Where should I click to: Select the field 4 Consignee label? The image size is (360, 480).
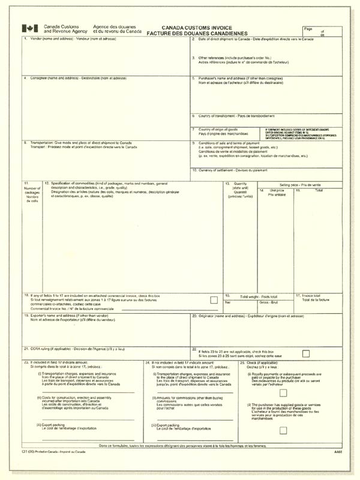pyautogui.click(x=74, y=78)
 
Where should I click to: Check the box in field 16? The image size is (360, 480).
pyautogui.click(x=214, y=300)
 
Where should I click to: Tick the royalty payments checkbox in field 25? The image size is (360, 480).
pyautogui.click(x=283, y=393)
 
